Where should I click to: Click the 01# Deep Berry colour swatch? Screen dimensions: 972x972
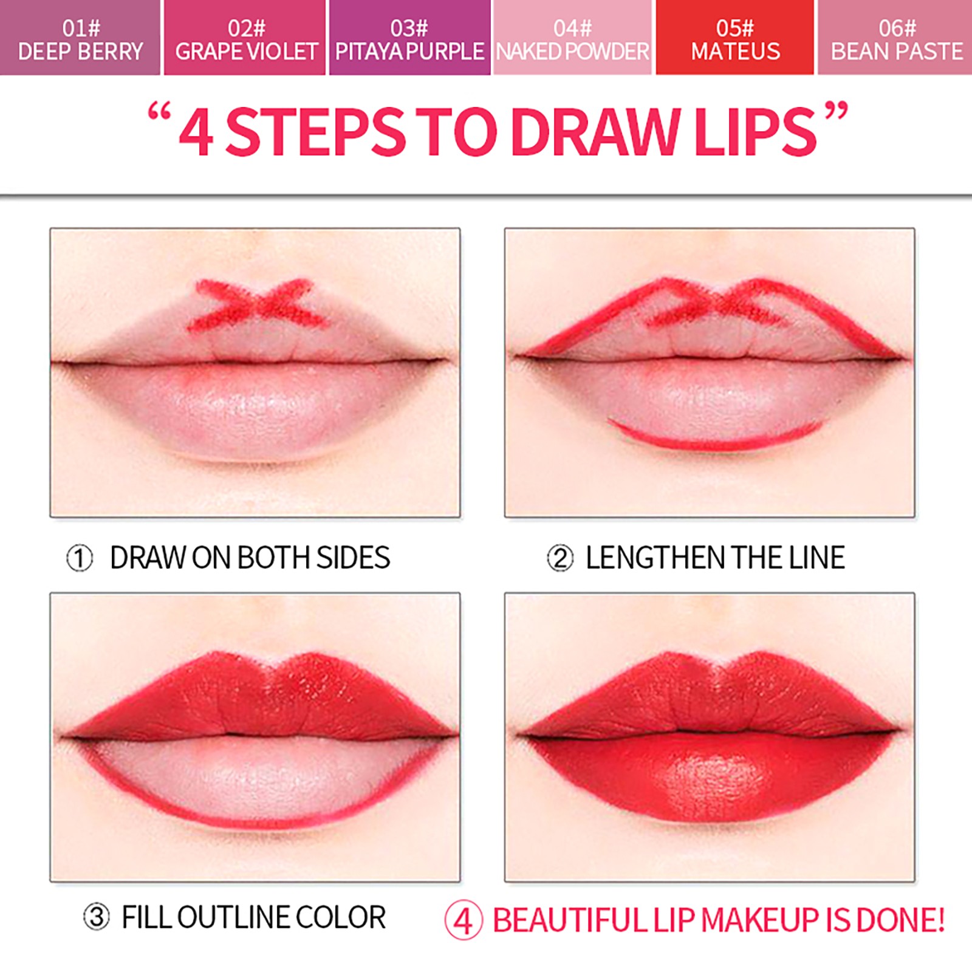(80, 37)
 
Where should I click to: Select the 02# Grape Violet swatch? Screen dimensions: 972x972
(245, 37)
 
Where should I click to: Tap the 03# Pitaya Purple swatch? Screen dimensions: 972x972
(409, 37)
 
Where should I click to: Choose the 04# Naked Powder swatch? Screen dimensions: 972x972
(572, 37)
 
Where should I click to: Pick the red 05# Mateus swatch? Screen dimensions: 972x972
(734, 37)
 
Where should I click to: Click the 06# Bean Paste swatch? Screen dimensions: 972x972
(895, 37)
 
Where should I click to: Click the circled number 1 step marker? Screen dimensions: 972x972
(80, 558)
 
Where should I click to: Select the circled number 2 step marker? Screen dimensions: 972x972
(560, 558)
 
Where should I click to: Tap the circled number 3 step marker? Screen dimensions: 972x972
(97, 917)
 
